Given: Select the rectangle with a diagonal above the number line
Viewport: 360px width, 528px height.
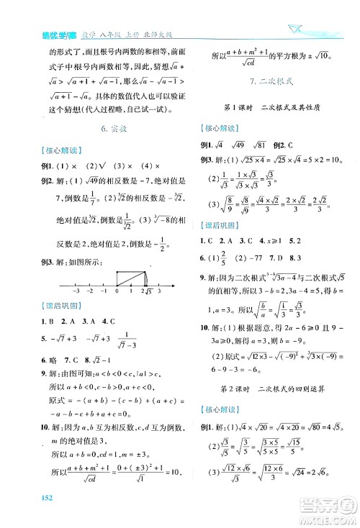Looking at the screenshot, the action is click(131, 274).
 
